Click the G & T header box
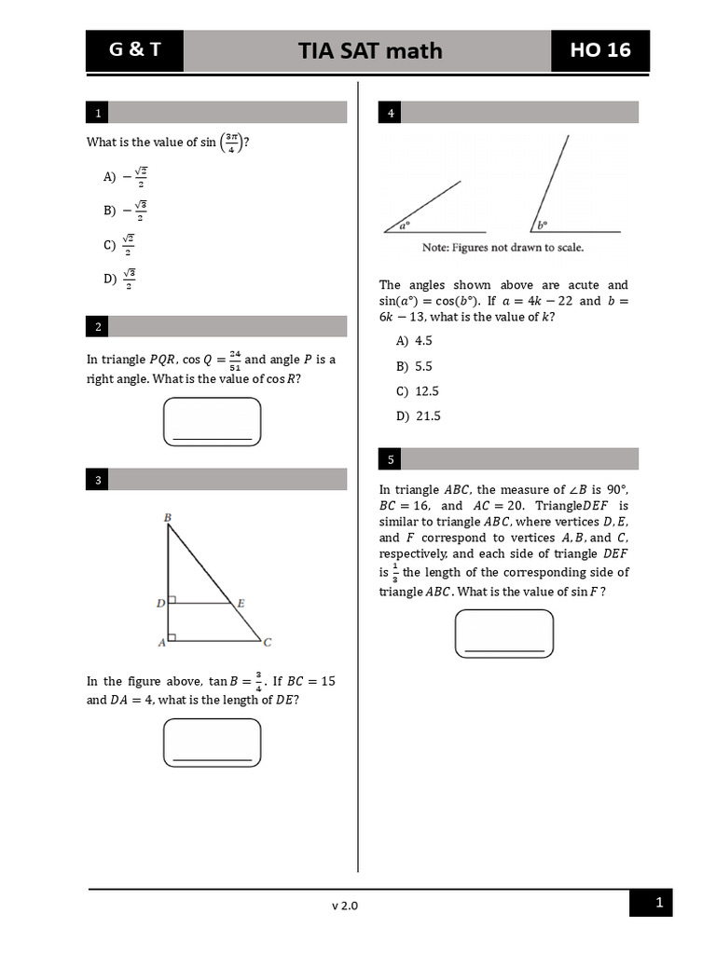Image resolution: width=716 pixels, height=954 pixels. [134, 50]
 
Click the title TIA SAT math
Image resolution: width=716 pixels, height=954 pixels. [370, 50]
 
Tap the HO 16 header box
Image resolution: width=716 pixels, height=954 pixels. [600, 50]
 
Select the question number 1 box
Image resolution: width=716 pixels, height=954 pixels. [97, 114]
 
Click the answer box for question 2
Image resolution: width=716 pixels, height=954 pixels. [212, 422]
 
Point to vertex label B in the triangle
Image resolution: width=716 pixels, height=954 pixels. [167, 516]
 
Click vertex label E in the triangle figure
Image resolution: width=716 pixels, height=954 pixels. [241, 604]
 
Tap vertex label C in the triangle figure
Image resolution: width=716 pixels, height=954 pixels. [268, 642]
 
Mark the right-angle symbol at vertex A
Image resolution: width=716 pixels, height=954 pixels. [172, 637]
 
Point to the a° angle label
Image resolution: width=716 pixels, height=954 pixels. [405, 225]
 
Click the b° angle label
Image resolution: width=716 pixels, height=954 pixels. [542, 225]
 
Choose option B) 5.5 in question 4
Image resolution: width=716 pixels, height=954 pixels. [414, 366]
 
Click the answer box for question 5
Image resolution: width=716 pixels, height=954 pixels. [503, 634]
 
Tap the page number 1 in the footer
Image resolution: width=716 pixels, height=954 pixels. [659, 902]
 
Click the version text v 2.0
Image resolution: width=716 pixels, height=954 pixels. [344, 905]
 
